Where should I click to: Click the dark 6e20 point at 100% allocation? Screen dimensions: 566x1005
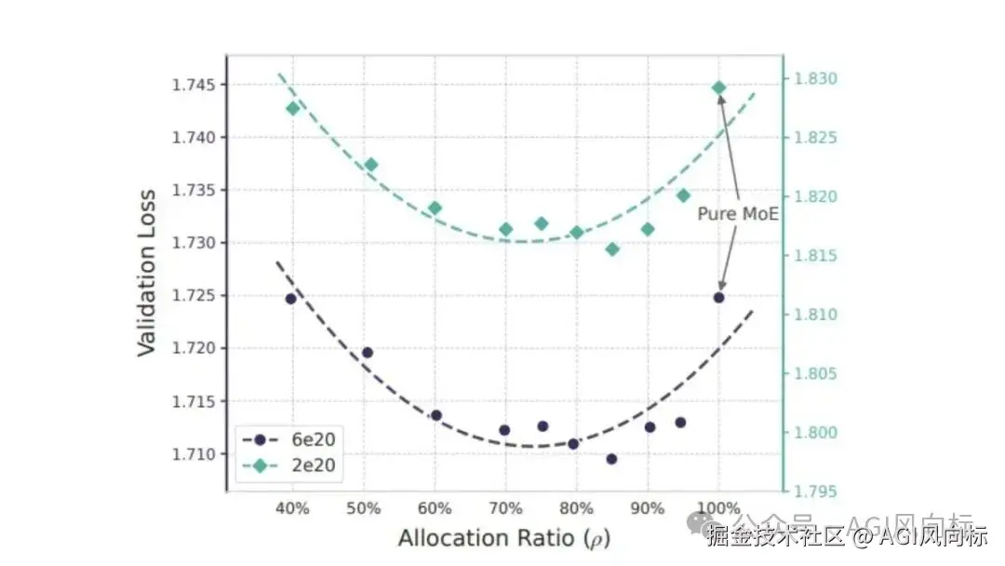click(x=718, y=297)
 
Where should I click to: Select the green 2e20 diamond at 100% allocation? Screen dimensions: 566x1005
click(x=718, y=88)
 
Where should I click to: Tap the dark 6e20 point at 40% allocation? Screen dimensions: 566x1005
click(x=291, y=299)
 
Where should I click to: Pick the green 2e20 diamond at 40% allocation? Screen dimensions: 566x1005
click(x=293, y=108)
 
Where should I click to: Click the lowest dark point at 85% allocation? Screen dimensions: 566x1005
click(x=611, y=459)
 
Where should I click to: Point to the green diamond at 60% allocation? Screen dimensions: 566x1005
click(x=435, y=208)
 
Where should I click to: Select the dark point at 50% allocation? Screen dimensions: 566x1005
click(x=368, y=352)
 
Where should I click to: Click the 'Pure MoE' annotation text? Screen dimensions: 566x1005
click(x=738, y=214)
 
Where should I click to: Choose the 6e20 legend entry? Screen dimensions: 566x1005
click(x=288, y=438)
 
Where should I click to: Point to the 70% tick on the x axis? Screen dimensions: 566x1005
click(x=505, y=509)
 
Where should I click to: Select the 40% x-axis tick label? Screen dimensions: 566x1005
click(x=292, y=509)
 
